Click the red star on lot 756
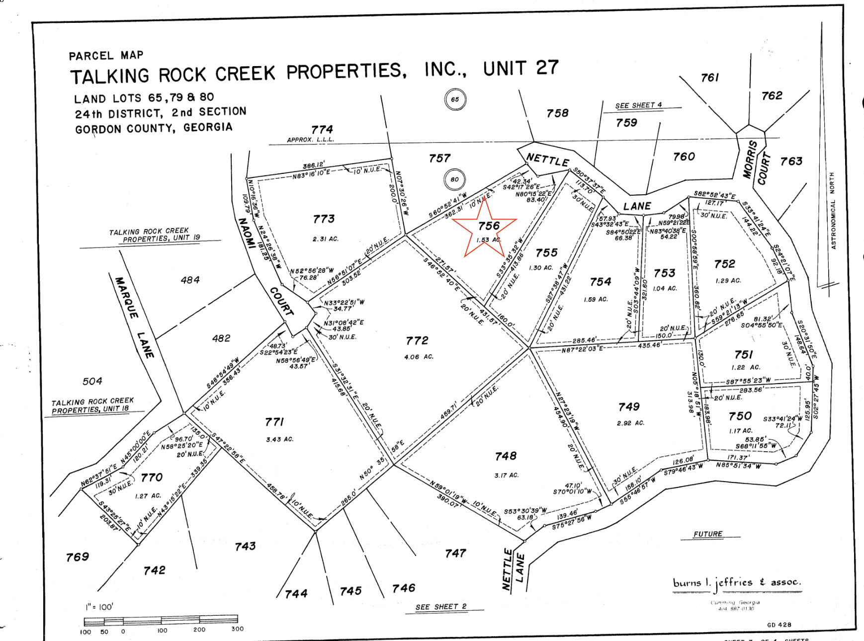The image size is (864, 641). [x=484, y=229]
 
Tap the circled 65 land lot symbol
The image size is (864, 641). [x=455, y=99]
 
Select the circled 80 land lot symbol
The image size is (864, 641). [x=454, y=179]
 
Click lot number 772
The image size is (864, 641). [x=417, y=340]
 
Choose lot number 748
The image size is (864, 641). [x=506, y=456]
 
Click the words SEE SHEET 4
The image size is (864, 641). [x=638, y=105]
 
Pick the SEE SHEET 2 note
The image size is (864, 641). [x=441, y=607]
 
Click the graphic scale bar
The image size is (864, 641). [x=161, y=620]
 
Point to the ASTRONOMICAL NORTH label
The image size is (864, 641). [x=833, y=211]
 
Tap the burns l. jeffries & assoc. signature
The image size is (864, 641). [x=737, y=583]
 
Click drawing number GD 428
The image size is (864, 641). [x=779, y=625]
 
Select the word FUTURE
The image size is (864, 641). [x=708, y=534]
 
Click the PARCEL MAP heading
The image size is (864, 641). [x=106, y=55]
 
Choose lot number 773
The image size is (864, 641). [x=324, y=219]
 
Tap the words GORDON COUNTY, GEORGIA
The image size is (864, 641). [x=154, y=128]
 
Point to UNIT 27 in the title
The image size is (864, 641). [x=520, y=68]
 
